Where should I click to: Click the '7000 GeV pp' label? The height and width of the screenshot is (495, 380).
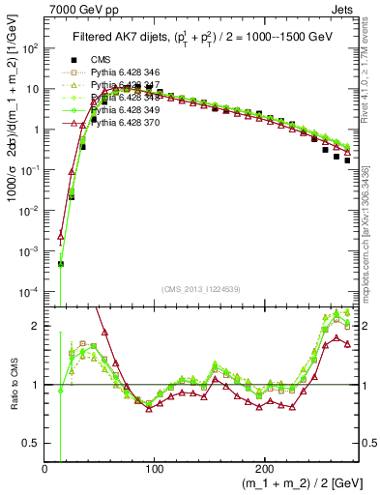point(77,8)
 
